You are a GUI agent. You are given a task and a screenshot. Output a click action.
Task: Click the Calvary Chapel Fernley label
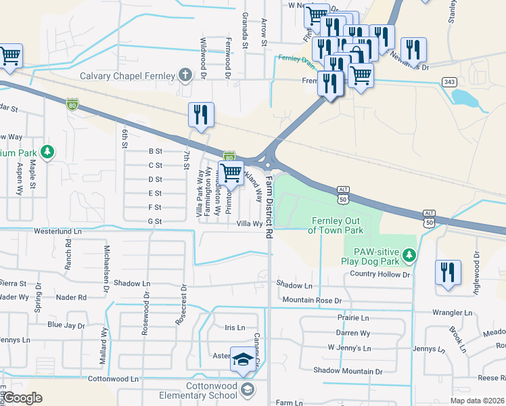click(x=128, y=76)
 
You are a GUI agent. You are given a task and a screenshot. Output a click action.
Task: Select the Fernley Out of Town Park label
click(x=337, y=225)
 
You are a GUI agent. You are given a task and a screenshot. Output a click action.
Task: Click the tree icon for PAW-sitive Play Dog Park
click(x=408, y=254)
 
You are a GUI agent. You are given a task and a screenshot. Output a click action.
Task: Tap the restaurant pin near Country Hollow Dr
click(x=448, y=274)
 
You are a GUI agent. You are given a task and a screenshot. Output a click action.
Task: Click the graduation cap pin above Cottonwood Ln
click(x=242, y=361)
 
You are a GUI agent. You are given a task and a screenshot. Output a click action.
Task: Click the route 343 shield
click(x=448, y=82)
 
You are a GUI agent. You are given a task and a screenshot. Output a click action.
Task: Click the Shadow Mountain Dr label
click(x=348, y=371)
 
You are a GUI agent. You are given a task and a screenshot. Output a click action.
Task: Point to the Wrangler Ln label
click(x=453, y=313)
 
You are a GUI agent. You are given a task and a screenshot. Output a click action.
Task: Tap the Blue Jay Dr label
click(x=66, y=325)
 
